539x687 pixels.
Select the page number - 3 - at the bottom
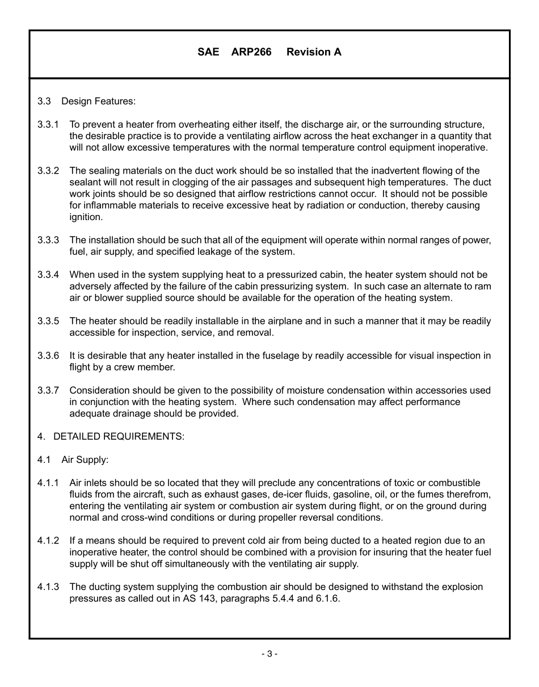click(269, 654)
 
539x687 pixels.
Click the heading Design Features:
click(99, 102)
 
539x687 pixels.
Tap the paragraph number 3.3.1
click(48, 124)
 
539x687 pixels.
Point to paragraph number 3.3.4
click(48, 275)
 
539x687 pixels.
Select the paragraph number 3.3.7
click(48, 390)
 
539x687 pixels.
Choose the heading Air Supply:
click(85, 460)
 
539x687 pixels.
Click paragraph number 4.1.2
click(48, 541)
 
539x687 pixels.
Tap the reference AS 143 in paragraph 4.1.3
click(197, 599)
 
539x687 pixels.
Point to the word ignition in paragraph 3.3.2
click(86, 217)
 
